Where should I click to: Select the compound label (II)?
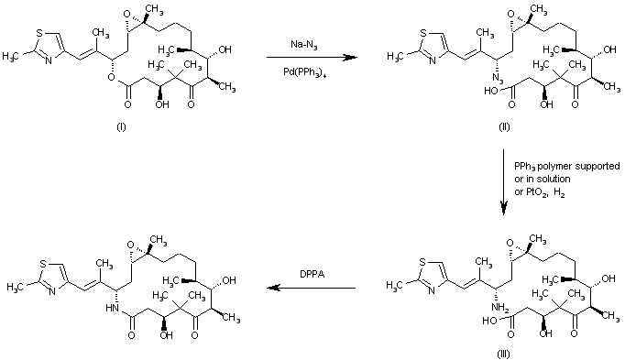[x=504, y=125]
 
